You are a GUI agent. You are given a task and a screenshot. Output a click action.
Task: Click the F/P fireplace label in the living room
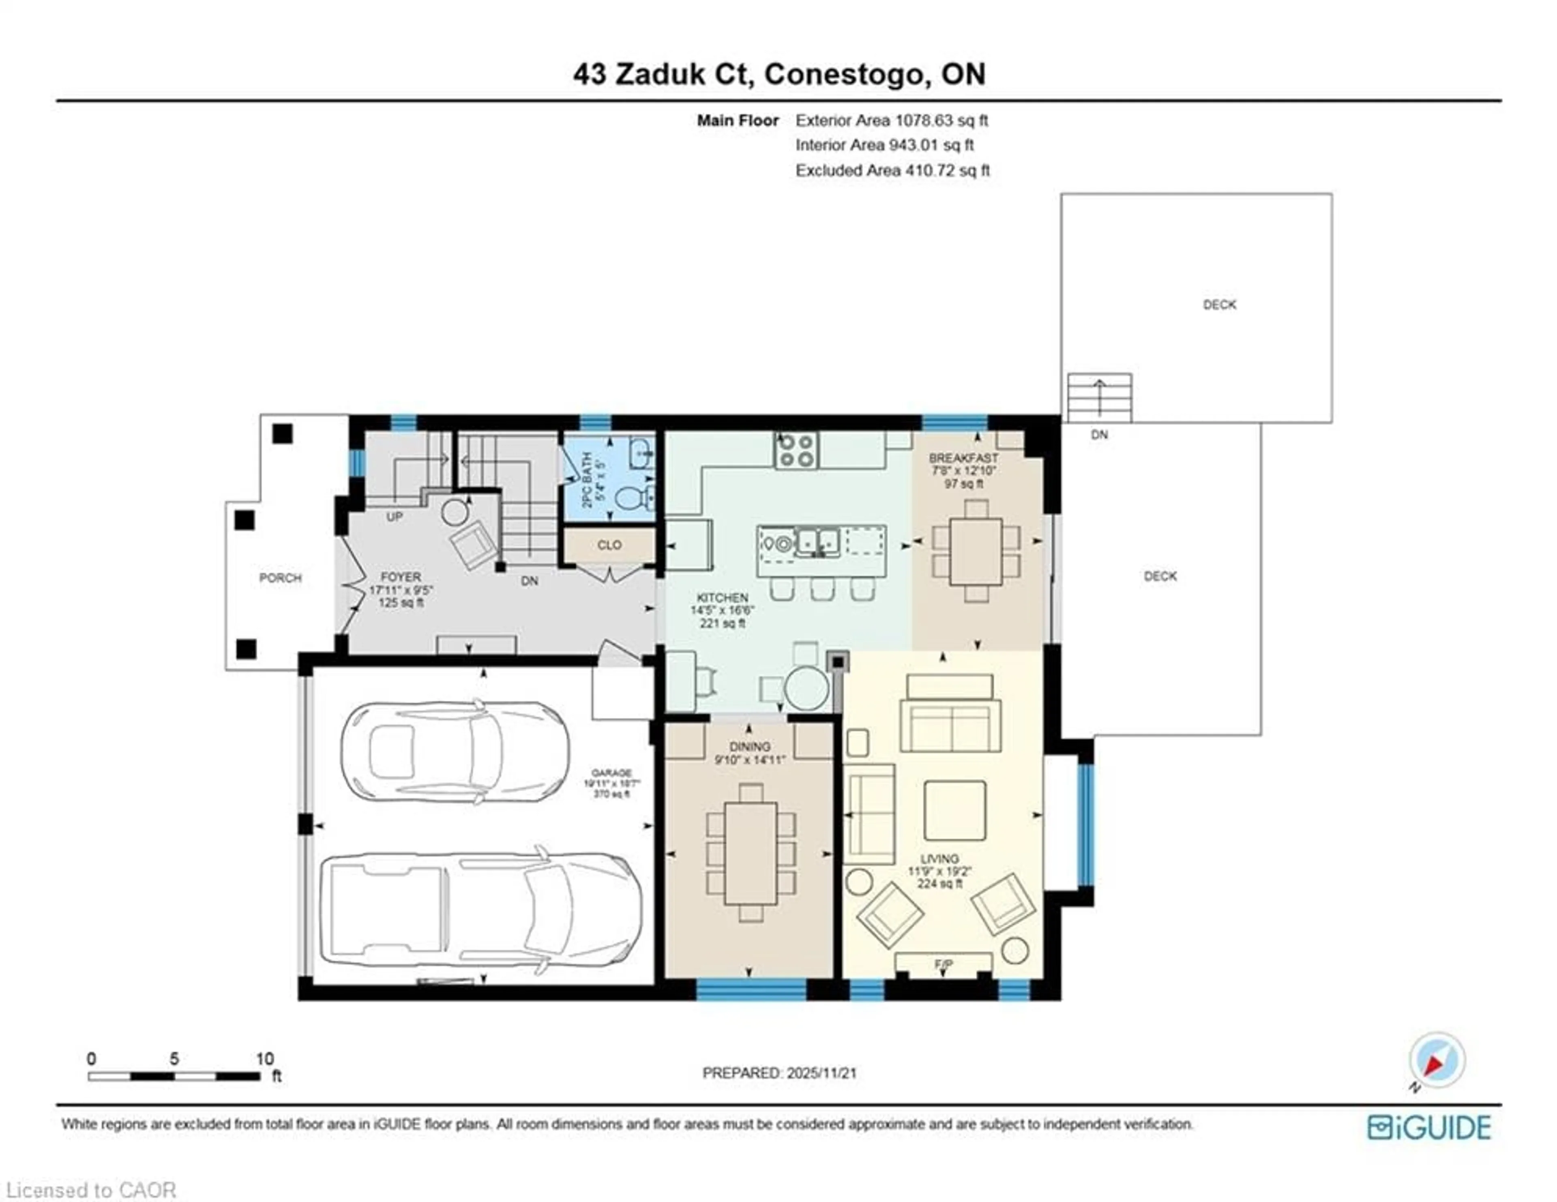point(943,965)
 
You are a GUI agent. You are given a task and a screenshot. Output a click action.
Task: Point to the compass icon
point(1437,1060)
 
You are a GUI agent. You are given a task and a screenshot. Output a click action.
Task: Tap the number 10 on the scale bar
point(264,1059)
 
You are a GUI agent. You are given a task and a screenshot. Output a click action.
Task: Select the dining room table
point(750,853)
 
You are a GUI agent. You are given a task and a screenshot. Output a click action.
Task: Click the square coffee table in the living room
point(954,810)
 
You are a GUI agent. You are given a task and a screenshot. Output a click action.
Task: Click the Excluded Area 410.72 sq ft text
point(892,170)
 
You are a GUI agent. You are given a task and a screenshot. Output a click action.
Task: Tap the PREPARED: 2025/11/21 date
point(779,1073)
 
